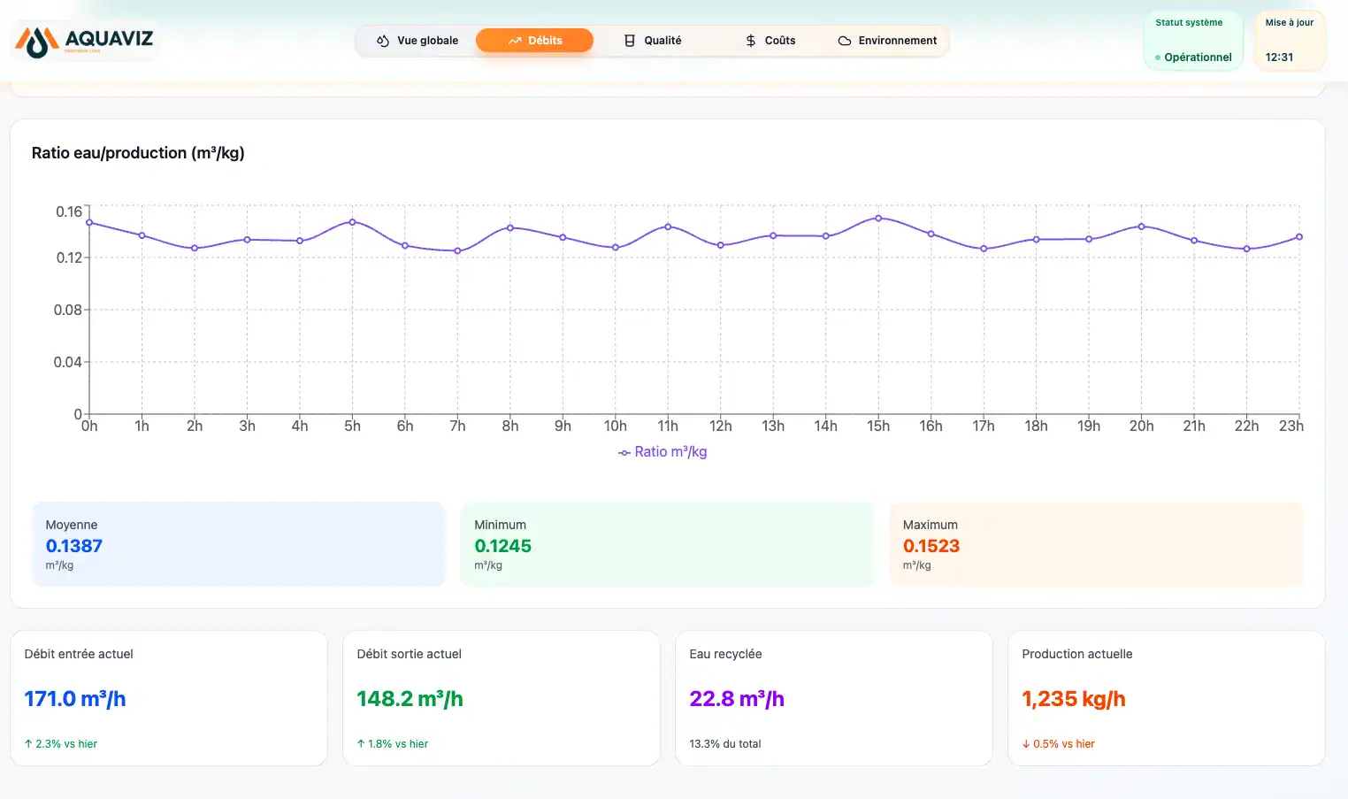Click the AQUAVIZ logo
pyautogui.click(x=84, y=41)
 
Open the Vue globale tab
pyautogui.click(x=417, y=41)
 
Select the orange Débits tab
pyautogui.click(x=534, y=41)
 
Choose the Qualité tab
pyautogui.click(x=653, y=41)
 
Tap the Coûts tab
pyautogui.click(x=770, y=41)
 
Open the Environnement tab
pyautogui.click(x=887, y=41)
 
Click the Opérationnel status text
pyautogui.click(x=1198, y=58)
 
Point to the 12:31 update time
pyautogui.click(x=1279, y=58)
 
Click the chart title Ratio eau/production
pyautogui.click(x=138, y=153)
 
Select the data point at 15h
pyautogui.click(x=878, y=218)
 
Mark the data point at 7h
pyautogui.click(x=457, y=250)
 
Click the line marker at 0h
pyautogui.click(x=89, y=223)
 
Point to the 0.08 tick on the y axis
pyautogui.click(x=67, y=310)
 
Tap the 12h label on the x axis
pyautogui.click(x=720, y=426)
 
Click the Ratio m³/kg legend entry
pyautogui.click(x=663, y=451)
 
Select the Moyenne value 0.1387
pyautogui.click(x=74, y=546)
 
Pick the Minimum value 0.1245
pyautogui.click(x=502, y=546)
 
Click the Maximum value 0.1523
pyautogui.click(x=931, y=546)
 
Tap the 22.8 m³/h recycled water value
pyautogui.click(x=737, y=698)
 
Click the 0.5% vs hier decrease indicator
pyautogui.click(x=1059, y=743)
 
